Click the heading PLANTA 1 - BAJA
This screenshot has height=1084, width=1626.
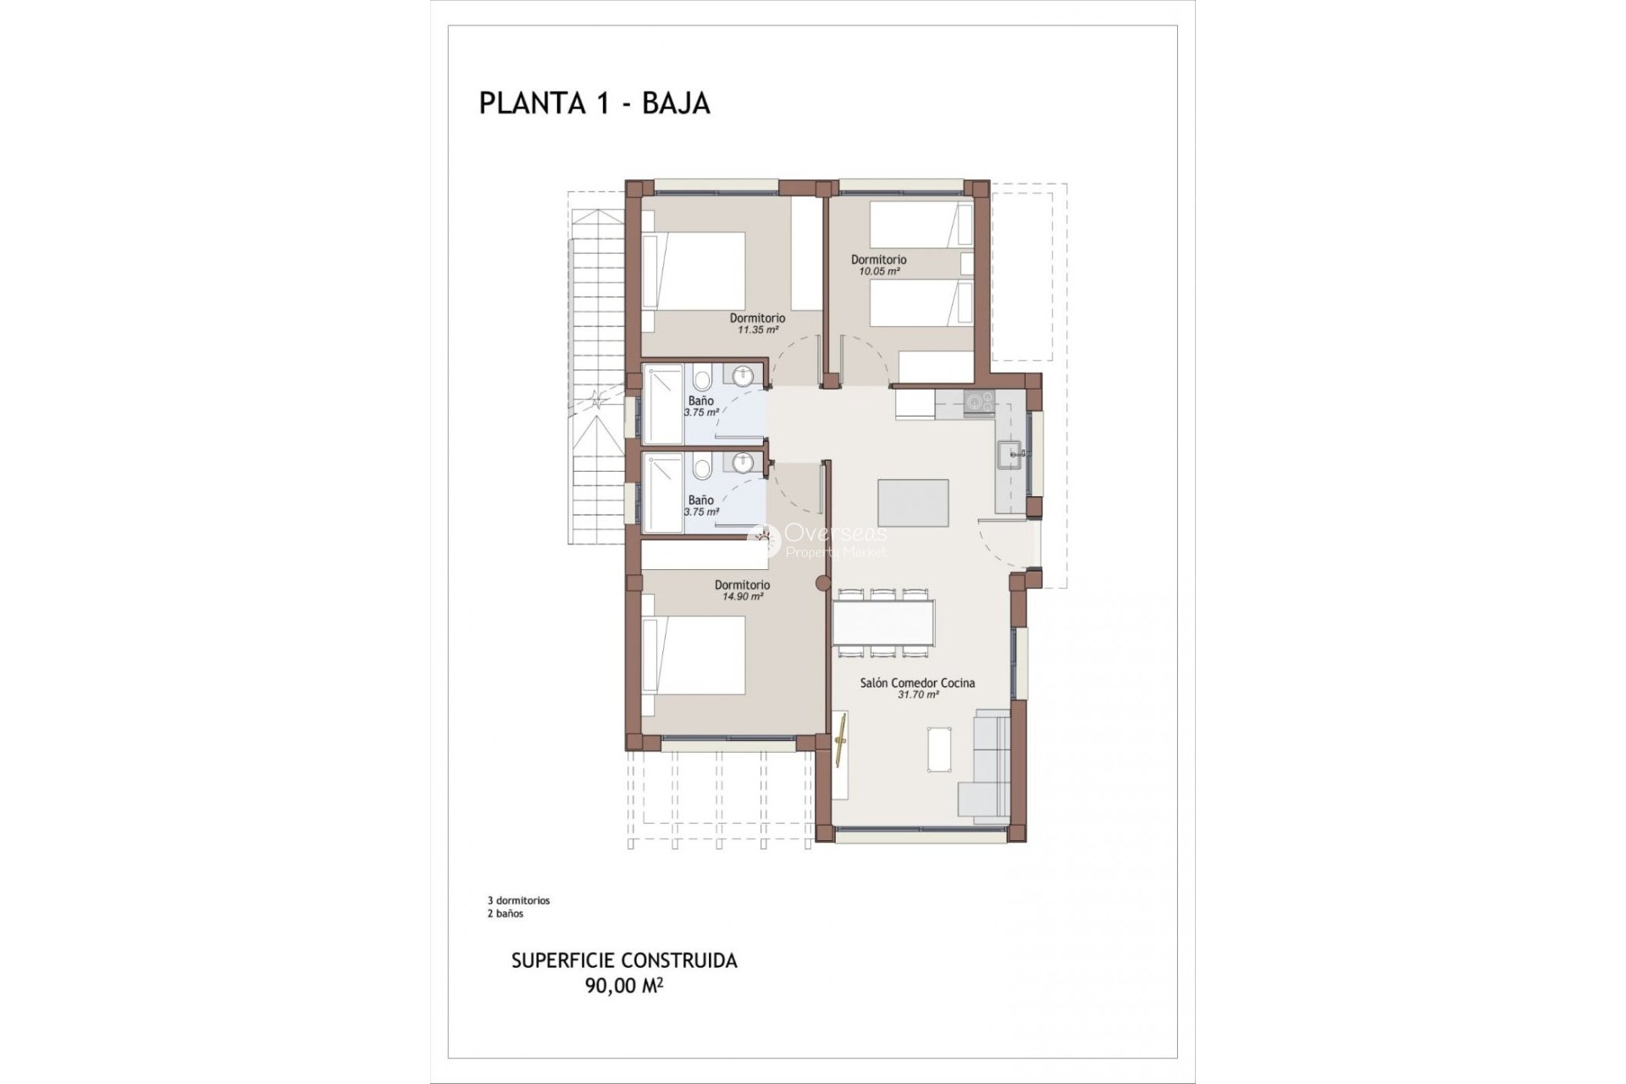pos(594,103)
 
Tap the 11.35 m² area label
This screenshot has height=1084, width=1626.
pos(757,330)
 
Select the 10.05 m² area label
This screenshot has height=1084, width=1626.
pos(878,272)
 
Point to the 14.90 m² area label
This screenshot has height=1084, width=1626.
pos(742,596)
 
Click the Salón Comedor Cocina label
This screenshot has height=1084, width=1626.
pos(917,683)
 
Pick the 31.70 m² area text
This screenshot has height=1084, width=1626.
pos(917,695)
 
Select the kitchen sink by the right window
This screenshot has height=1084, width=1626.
pos(1011,455)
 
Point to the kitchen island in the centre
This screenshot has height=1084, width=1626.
pos(913,503)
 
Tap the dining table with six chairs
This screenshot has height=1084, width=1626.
pos(884,622)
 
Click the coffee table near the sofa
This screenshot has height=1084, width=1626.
pos(939,749)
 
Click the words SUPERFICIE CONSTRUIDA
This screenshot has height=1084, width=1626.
pos(623,960)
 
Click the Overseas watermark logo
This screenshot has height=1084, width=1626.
pos(817,540)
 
